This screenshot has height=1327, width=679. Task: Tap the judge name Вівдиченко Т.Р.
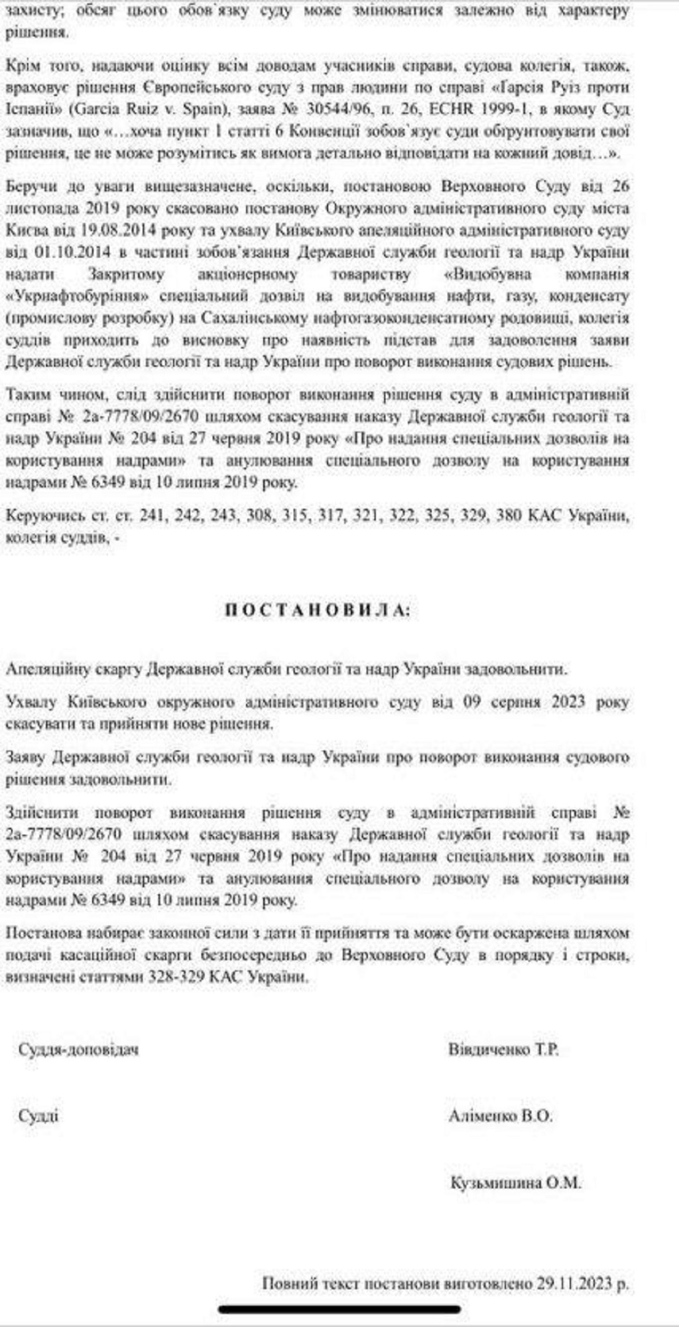503,1050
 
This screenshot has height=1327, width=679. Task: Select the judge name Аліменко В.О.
501,1116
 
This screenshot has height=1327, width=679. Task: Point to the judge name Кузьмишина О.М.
515,1182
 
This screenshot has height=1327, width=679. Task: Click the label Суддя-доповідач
79,1050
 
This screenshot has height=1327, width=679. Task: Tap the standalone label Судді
38,1116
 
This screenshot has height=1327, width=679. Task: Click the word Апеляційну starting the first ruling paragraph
46,669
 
